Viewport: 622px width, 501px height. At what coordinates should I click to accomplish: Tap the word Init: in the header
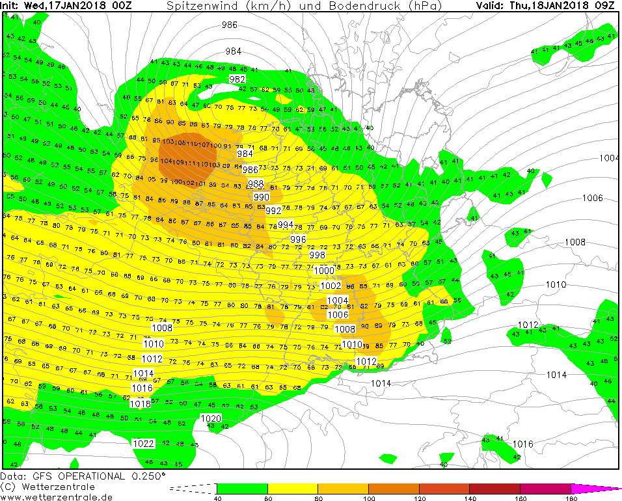(12, 6)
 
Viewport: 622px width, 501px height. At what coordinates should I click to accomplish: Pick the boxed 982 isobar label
(237, 79)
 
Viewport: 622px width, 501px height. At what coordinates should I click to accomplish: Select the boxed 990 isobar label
(262, 197)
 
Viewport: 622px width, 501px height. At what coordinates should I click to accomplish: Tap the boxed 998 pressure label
(318, 255)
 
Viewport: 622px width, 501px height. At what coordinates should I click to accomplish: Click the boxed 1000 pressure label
(324, 271)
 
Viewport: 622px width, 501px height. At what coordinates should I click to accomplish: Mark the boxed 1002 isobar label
(331, 286)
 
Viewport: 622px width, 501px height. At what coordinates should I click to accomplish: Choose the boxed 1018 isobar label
(141, 403)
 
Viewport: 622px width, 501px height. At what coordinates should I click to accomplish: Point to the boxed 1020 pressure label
(211, 418)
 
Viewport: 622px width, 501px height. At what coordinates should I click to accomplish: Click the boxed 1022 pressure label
(144, 444)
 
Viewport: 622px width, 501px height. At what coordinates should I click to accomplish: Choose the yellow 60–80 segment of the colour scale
(293, 488)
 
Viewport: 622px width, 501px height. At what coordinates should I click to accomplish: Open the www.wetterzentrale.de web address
(56, 497)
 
